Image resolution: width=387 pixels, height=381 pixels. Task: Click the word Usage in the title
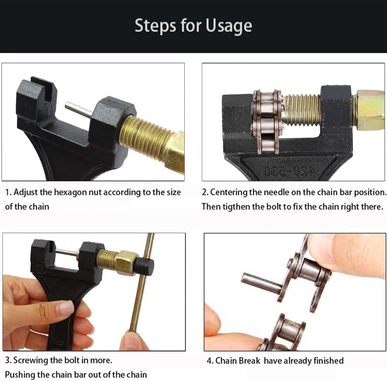(228, 26)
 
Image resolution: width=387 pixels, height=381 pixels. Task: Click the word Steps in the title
(155, 26)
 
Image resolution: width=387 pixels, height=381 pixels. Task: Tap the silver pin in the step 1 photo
(79, 110)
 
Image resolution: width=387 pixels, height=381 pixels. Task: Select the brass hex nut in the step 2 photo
(370, 109)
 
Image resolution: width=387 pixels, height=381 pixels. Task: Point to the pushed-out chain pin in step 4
(262, 283)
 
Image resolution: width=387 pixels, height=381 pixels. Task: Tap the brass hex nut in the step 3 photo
(126, 261)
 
